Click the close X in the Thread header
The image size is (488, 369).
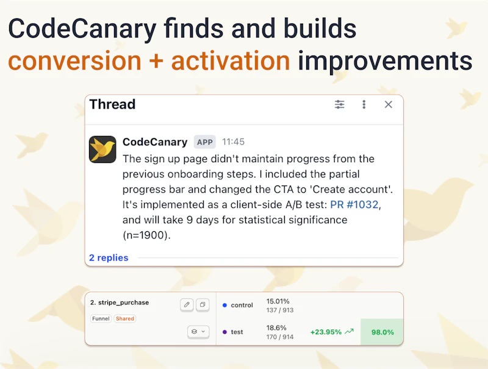pos(389,104)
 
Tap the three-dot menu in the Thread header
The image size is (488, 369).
pos(364,104)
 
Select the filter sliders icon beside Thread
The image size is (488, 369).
pos(340,104)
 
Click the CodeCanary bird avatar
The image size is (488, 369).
pos(102,149)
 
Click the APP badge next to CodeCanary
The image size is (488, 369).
pos(205,142)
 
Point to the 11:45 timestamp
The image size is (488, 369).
pos(233,142)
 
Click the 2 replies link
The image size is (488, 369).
pos(109,257)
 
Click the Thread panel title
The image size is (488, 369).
pos(112,104)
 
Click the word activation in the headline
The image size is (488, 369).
pos(231,61)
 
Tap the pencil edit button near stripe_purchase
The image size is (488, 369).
pos(187,304)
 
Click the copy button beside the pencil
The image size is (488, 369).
pos(203,304)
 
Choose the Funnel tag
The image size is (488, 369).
pos(101,318)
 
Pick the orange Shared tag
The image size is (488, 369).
pos(125,318)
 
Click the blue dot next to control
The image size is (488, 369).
pos(224,305)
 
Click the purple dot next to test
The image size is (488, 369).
pos(224,332)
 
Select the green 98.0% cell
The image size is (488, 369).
pos(382,332)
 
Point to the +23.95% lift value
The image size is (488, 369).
pos(326,332)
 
